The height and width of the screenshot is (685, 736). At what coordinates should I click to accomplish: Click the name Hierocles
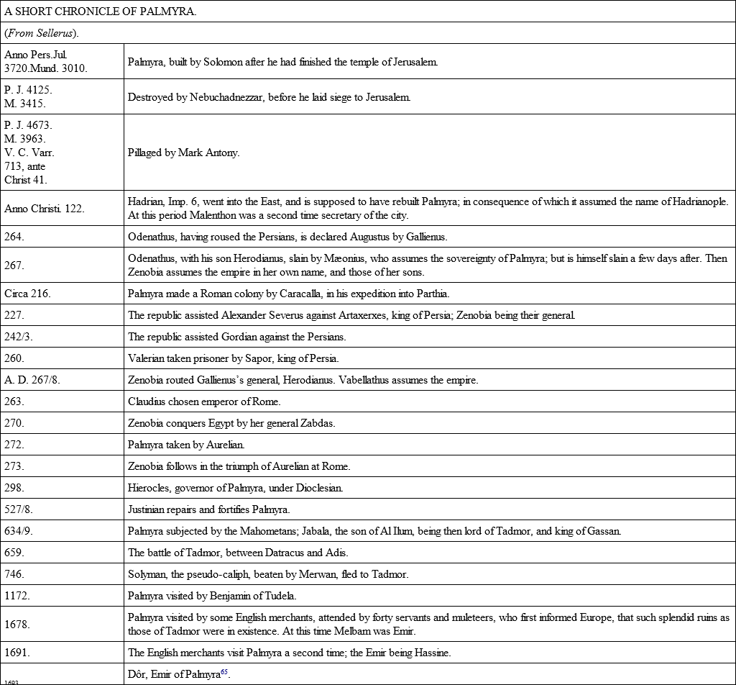(148, 488)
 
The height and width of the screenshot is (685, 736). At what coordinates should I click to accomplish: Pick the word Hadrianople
(698, 201)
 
